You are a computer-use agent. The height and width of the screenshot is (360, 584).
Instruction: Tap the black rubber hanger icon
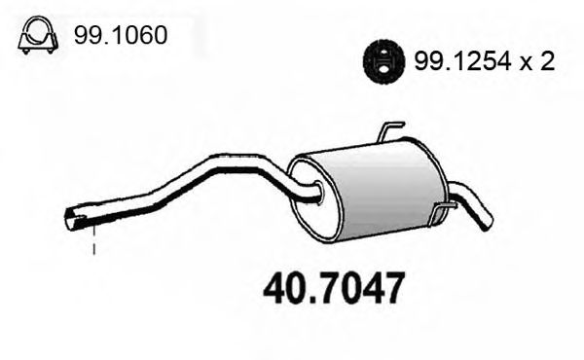click(383, 61)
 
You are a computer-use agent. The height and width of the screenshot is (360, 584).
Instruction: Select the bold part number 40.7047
click(334, 290)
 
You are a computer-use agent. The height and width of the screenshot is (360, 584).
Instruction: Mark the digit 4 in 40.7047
click(278, 290)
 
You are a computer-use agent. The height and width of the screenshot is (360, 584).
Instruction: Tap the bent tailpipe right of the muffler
click(472, 205)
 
